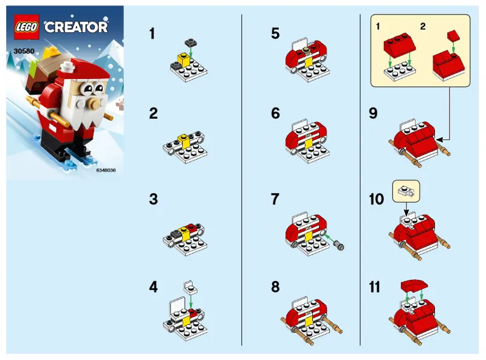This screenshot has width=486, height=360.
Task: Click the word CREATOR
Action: tap(76, 27)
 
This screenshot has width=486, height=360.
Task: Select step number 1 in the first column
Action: tap(152, 34)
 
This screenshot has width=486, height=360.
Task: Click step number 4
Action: tap(154, 287)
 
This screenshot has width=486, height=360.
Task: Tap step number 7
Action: tap(275, 200)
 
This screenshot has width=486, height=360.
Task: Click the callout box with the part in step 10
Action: tap(407, 191)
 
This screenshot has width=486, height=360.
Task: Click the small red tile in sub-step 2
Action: tap(453, 35)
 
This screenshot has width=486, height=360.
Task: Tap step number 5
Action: tap(275, 34)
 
